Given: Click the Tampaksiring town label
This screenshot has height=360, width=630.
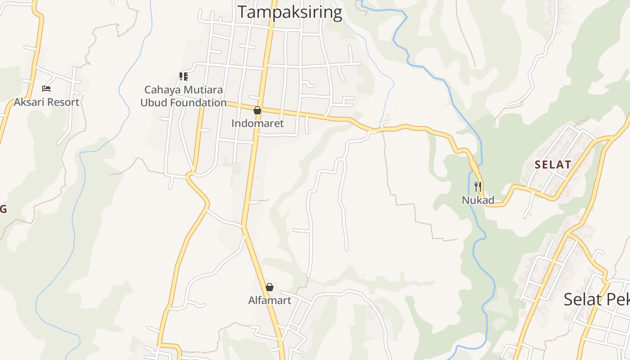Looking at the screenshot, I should [x=290, y=12].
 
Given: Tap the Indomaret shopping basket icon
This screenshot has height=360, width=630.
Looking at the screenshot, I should [x=257, y=110].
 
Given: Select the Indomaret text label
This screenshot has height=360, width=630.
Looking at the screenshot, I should [x=257, y=123].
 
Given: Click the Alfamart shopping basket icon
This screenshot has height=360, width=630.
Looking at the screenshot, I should [x=270, y=287].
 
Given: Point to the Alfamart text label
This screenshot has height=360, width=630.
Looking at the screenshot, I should [x=270, y=300].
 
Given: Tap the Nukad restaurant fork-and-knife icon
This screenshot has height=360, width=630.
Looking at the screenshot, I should [x=478, y=186].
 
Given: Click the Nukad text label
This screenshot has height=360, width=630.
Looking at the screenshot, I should [x=478, y=200].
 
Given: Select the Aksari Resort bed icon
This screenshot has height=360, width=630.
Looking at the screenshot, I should [x=46, y=89].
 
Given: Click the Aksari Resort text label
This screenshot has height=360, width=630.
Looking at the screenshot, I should [x=46, y=102].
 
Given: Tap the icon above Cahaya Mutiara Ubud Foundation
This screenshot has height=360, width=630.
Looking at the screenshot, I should [x=183, y=76].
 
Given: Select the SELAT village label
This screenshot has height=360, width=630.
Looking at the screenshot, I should [x=553, y=165].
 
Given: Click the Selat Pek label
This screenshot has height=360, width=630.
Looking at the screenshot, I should [x=596, y=299].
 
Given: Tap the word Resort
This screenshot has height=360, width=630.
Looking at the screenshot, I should [x=63, y=102].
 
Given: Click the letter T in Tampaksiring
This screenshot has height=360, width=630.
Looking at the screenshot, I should [x=243, y=12].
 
